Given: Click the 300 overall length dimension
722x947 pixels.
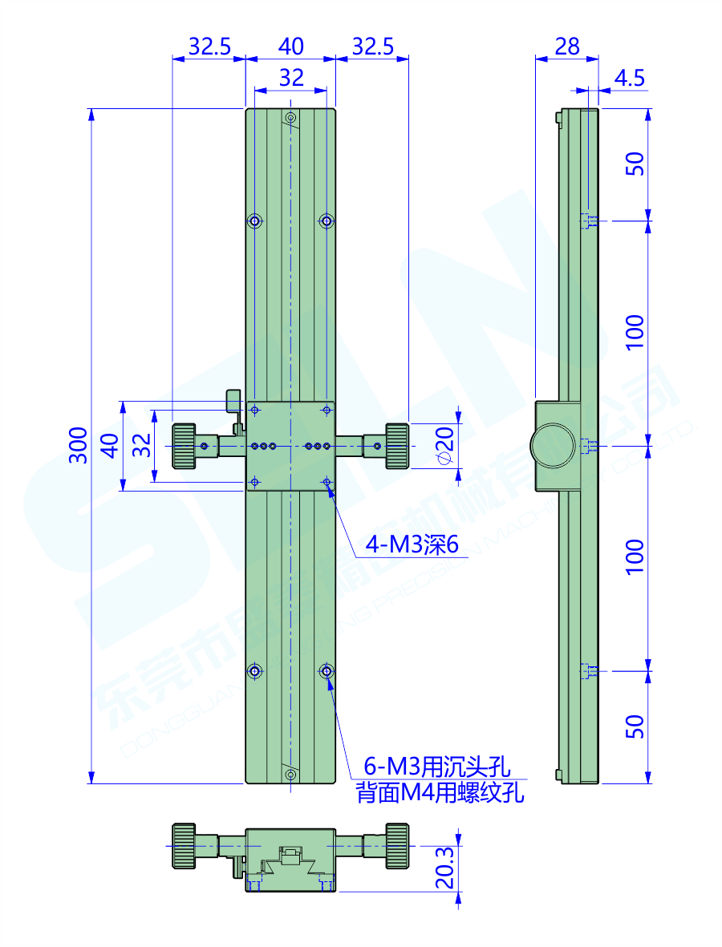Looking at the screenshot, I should pyautogui.click(x=78, y=445).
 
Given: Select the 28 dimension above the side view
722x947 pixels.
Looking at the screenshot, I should pyautogui.click(x=566, y=47).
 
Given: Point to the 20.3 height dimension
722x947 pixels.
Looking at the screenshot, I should pyautogui.click(x=447, y=869).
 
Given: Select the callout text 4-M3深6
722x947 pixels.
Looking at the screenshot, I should pyautogui.click(x=412, y=546).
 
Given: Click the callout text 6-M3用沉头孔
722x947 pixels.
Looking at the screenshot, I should pyautogui.click(x=438, y=767).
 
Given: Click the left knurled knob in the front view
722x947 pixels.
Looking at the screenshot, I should pyautogui.click(x=184, y=445).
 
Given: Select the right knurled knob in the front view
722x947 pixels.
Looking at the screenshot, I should pyautogui.click(x=396, y=445).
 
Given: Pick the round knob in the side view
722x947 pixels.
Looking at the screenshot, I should pyautogui.click(x=551, y=446).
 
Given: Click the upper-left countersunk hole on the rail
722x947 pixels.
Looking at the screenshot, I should pyautogui.click(x=255, y=221).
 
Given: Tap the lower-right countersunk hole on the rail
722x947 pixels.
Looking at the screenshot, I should pyautogui.click(x=326, y=670).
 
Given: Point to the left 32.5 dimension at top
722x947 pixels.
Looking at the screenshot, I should pyautogui.click(x=209, y=47).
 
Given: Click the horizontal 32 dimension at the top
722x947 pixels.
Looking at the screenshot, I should pyautogui.click(x=290, y=78).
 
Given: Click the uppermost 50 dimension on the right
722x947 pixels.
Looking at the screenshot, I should pyautogui.click(x=635, y=164).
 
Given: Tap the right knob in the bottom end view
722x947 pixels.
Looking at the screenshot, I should pyautogui.click(x=396, y=845).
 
